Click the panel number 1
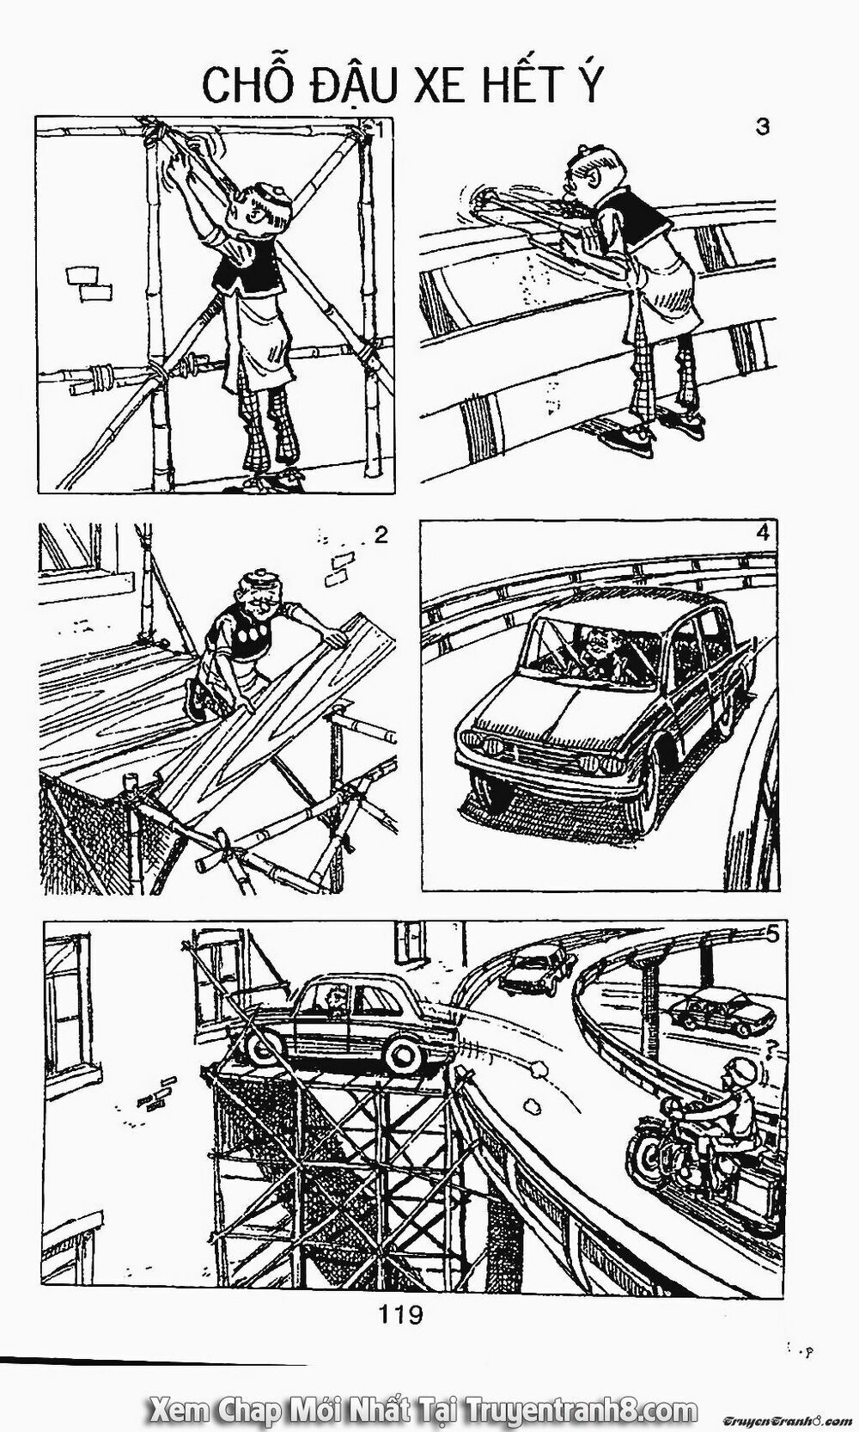coord(380,130)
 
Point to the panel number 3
coord(761,126)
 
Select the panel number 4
coord(761,532)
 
